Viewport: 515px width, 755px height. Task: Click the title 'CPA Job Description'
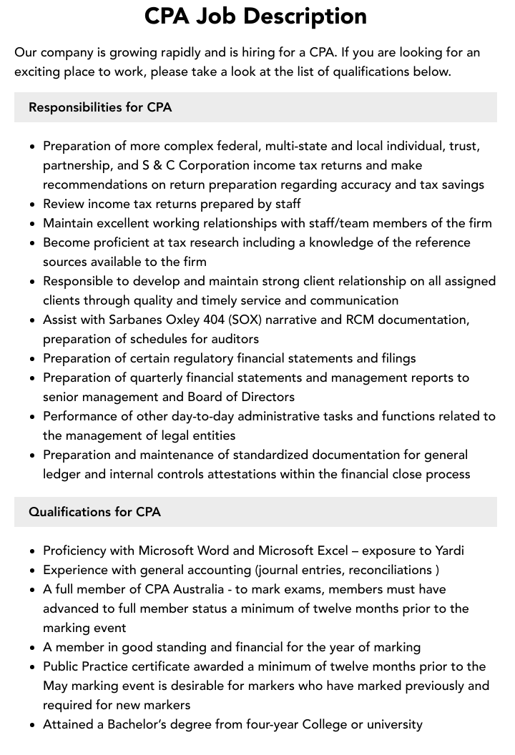255,16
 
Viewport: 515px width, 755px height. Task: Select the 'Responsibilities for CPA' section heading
100,107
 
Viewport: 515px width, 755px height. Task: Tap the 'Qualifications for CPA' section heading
94,512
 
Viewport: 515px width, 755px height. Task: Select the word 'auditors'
235,339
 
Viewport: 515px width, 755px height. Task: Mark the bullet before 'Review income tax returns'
32,204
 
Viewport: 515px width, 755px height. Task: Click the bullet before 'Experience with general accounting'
32,571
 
